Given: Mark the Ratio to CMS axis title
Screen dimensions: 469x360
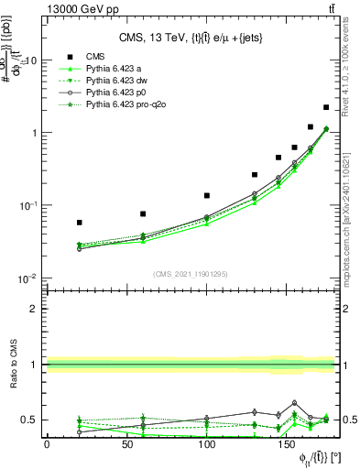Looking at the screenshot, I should (13, 365).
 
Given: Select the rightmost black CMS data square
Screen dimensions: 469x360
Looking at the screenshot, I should (326, 107).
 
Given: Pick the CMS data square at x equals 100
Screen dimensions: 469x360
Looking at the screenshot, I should (207, 195).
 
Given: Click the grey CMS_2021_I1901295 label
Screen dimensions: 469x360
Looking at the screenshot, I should (191, 275).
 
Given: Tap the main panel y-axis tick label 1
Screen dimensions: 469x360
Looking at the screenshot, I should (32, 133).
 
